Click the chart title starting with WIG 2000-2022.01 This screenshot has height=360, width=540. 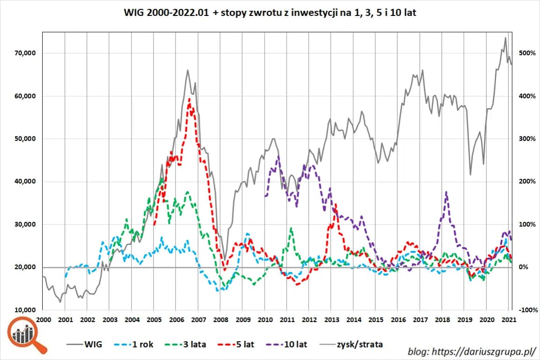(269, 14)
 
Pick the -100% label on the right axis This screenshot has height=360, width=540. (524, 310)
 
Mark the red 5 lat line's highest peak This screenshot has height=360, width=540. (189, 99)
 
